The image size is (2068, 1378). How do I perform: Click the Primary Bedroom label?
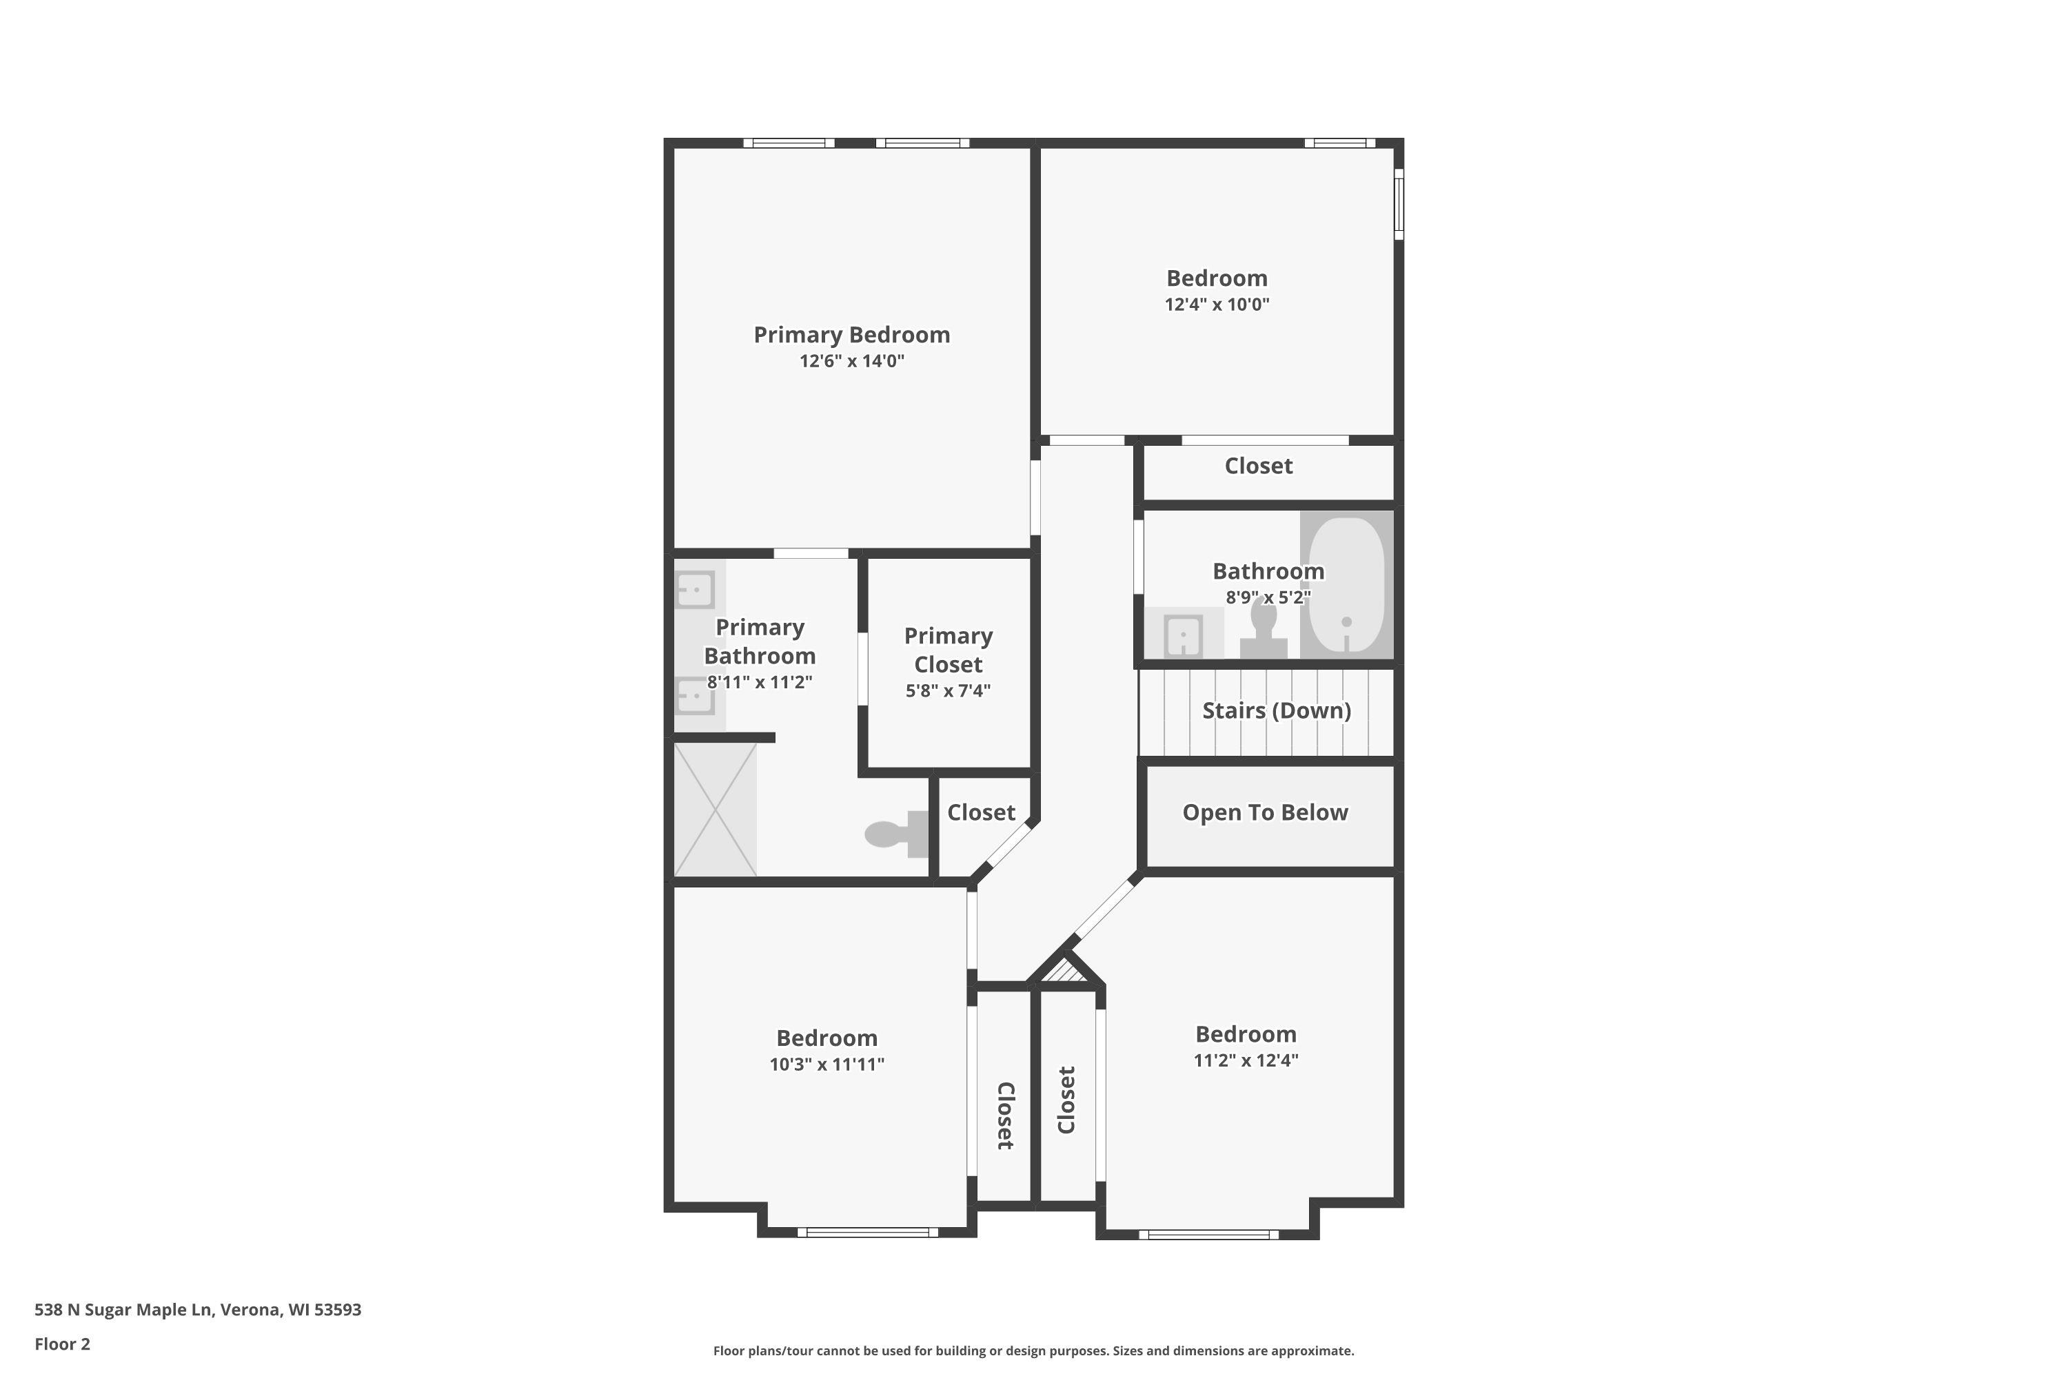tap(851, 335)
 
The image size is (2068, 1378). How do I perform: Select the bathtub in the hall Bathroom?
tap(1346, 584)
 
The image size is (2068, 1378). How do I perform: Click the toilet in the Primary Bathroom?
tap(895, 833)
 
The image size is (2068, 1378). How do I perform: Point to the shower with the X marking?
tap(715, 810)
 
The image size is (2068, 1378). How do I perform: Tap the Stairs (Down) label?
tap(1276, 711)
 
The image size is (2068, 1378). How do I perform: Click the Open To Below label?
tap(1264, 813)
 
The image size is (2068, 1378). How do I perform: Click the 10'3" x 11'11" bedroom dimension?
tap(827, 1065)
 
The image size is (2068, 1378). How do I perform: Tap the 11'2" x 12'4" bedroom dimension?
tap(1245, 1060)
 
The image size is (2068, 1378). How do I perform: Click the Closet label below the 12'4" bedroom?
tap(1258, 466)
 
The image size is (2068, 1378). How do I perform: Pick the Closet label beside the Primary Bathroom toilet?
tap(980, 813)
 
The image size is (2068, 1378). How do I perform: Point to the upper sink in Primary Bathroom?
tap(695, 589)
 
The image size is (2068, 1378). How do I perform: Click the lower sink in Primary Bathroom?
tap(695, 697)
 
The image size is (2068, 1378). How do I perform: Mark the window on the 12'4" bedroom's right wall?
tap(1398, 204)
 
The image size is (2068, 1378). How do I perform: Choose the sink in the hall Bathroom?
tap(1183, 635)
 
